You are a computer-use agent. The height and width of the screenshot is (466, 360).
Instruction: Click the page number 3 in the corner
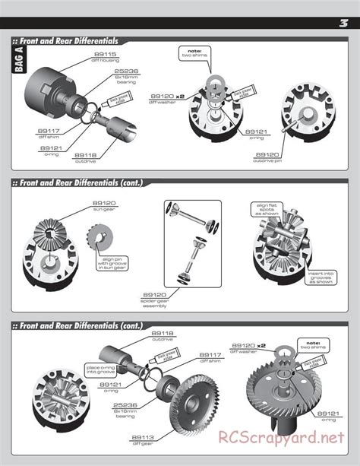343,23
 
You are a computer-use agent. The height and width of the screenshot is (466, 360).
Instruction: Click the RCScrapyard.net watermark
286,439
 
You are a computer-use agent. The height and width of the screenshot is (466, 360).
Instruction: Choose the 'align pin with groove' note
111,263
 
